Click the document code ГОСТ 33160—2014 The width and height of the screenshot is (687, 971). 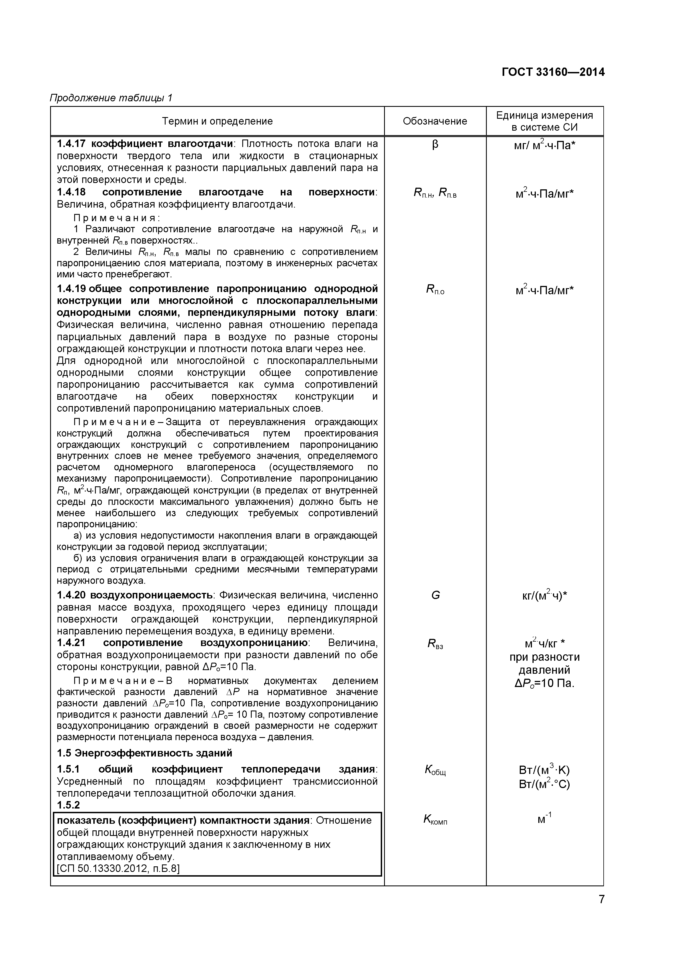pos(553,72)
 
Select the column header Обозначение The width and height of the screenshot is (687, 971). pos(435,121)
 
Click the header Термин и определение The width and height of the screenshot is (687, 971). pos(217,121)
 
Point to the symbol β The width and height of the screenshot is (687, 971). pos(435,145)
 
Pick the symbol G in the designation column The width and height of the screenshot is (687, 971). pos(435,595)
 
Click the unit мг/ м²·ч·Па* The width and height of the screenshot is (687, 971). pos(544,146)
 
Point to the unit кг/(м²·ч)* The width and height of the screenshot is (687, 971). pos(544,595)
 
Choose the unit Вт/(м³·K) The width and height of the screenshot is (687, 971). pos(544,770)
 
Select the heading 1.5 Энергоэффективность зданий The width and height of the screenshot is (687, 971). pos(145,753)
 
